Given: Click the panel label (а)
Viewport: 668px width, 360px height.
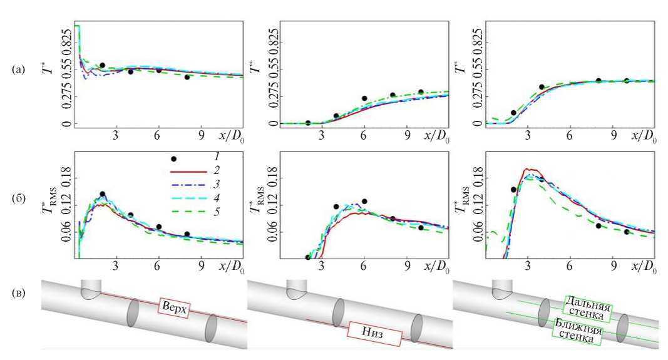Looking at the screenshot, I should [x=19, y=70].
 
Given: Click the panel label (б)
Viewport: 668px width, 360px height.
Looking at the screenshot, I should [x=19, y=201].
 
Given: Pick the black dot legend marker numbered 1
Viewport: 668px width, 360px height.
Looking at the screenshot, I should [x=174, y=159].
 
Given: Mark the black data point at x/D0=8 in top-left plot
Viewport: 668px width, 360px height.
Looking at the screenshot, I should [x=187, y=77].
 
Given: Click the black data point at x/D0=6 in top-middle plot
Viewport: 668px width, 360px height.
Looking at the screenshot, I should [x=364, y=98].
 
